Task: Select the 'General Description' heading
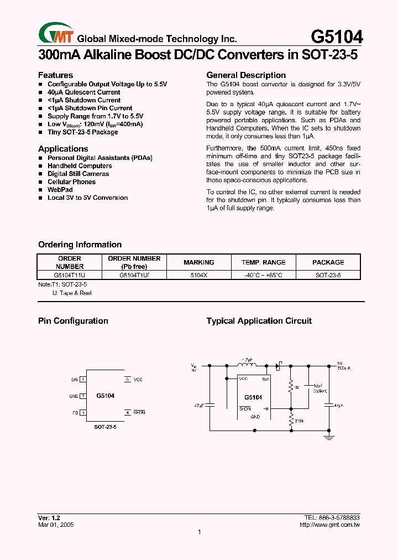[x=246, y=75]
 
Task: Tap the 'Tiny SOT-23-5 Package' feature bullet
[x=82, y=132]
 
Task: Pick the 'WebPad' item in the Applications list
[x=60, y=190]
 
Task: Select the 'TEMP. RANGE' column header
[x=264, y=262]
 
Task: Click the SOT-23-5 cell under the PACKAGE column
[x=328, y=274]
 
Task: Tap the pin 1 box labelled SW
[x=83, y=380]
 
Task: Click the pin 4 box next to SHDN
[x=127, y=412]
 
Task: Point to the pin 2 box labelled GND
[x=83, y=396]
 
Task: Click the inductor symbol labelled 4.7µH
[x=247, y=365]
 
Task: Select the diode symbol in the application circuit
[x=278, y=365]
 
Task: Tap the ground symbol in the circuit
[x=329, y=437]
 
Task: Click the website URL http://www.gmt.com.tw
[x=329, y=524]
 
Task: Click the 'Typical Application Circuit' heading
[x=259, y=321]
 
